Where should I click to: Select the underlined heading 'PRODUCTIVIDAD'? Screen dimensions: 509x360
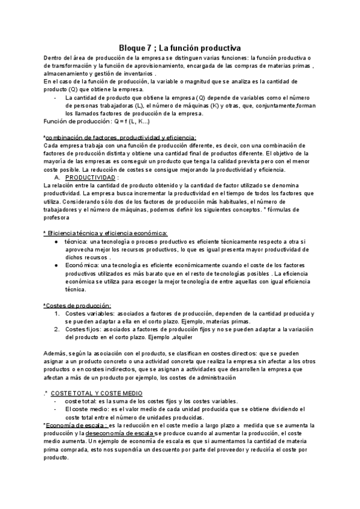click(x=91, y=178)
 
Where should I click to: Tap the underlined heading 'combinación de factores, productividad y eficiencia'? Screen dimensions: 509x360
click(x=120, y=137)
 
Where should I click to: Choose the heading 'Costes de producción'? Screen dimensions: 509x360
click(x=77, y=306)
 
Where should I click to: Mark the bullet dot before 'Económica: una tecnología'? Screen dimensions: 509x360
click(x=55, y=265)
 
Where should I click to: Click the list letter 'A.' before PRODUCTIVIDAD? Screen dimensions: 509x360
click(x=58, y=178)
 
